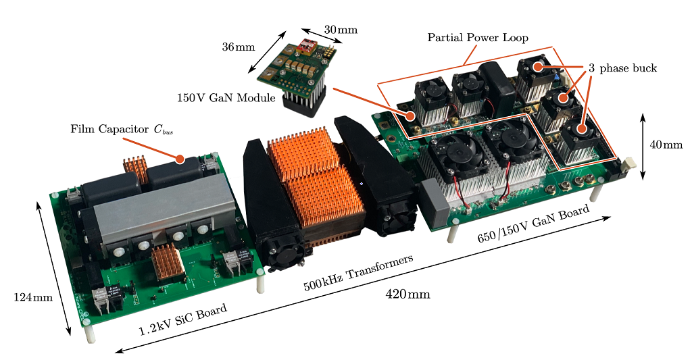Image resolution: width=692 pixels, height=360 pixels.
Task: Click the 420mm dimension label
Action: pos(407,294)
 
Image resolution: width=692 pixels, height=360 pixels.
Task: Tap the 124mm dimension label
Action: pos(33,297)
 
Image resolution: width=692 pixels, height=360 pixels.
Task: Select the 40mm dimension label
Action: pos(666,145)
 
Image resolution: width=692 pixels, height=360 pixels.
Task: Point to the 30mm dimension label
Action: pos(341,30)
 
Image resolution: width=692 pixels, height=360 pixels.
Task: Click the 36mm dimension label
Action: pos(239,47)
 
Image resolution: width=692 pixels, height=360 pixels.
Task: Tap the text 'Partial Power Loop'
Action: pos(478,38)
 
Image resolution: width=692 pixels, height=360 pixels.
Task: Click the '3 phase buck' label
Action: pos(622,68)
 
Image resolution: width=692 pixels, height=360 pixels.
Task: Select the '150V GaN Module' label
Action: pos(226,97)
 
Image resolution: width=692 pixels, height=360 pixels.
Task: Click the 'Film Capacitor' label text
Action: pos(110,129)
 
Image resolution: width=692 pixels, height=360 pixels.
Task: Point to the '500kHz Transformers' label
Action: pos(358,272)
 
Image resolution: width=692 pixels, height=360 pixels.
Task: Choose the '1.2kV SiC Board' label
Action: pos(182,319)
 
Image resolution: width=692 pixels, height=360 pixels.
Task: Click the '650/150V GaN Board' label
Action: pos(533,224)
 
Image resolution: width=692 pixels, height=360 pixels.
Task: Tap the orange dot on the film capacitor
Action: pos(180,158)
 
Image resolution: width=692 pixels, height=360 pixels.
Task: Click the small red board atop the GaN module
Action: pos(307,45)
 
